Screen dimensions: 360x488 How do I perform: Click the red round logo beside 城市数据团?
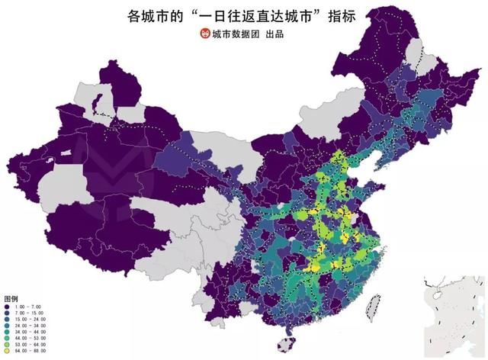204,34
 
